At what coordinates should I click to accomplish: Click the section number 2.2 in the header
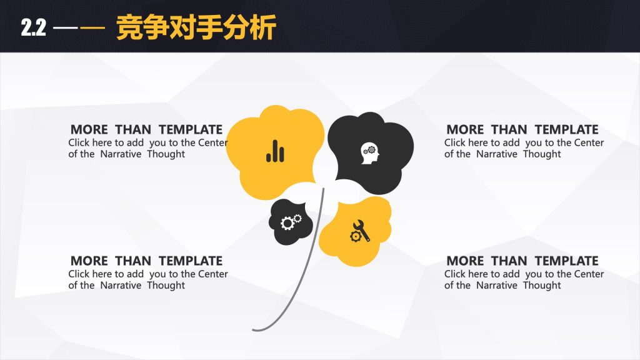(x=34, y=27)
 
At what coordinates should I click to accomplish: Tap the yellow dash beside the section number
(x=92, y=28)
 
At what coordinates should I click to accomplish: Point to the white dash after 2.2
(x=65, y=28)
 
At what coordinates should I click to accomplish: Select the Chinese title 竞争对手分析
(x=196, y=27)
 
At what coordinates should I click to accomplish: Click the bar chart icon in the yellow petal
(x=275, y=151)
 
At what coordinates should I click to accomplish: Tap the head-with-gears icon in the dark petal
(x=370, y=153)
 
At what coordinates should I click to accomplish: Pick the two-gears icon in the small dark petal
(x=291, y=222)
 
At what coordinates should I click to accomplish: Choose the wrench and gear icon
(x=359, y=231)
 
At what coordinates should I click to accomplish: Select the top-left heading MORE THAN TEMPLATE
(x=146, y=129)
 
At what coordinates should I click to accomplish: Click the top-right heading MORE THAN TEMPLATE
(x=522, y=129)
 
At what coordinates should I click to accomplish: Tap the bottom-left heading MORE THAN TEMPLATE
(x=146, y=261)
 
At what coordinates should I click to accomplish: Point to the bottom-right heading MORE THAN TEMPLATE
(x=522, y=261)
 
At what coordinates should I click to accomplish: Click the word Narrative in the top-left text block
(x=121, y=154)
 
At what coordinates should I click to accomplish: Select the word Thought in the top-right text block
(x=542, y=154)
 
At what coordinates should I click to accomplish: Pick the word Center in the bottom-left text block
(x=212, y=274)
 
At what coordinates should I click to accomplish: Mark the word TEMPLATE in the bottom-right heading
(x=566, y=261)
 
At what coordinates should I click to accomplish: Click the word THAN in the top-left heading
(x=133, y=129)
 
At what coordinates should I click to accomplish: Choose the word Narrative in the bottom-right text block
(x=497, y=285)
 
